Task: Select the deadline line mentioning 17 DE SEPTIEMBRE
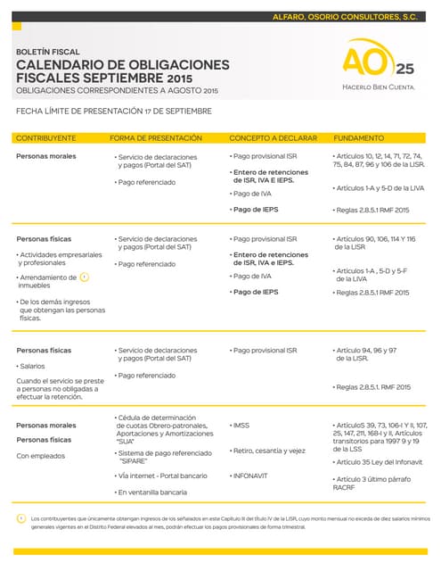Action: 114,112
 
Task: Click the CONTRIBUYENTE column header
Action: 45,138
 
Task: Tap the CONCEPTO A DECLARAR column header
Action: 271,138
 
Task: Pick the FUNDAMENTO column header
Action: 358,138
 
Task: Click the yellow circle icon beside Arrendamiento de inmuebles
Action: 85,277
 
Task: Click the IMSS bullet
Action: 241,425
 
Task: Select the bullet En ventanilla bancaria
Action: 151,492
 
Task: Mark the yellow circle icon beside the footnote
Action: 21,518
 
